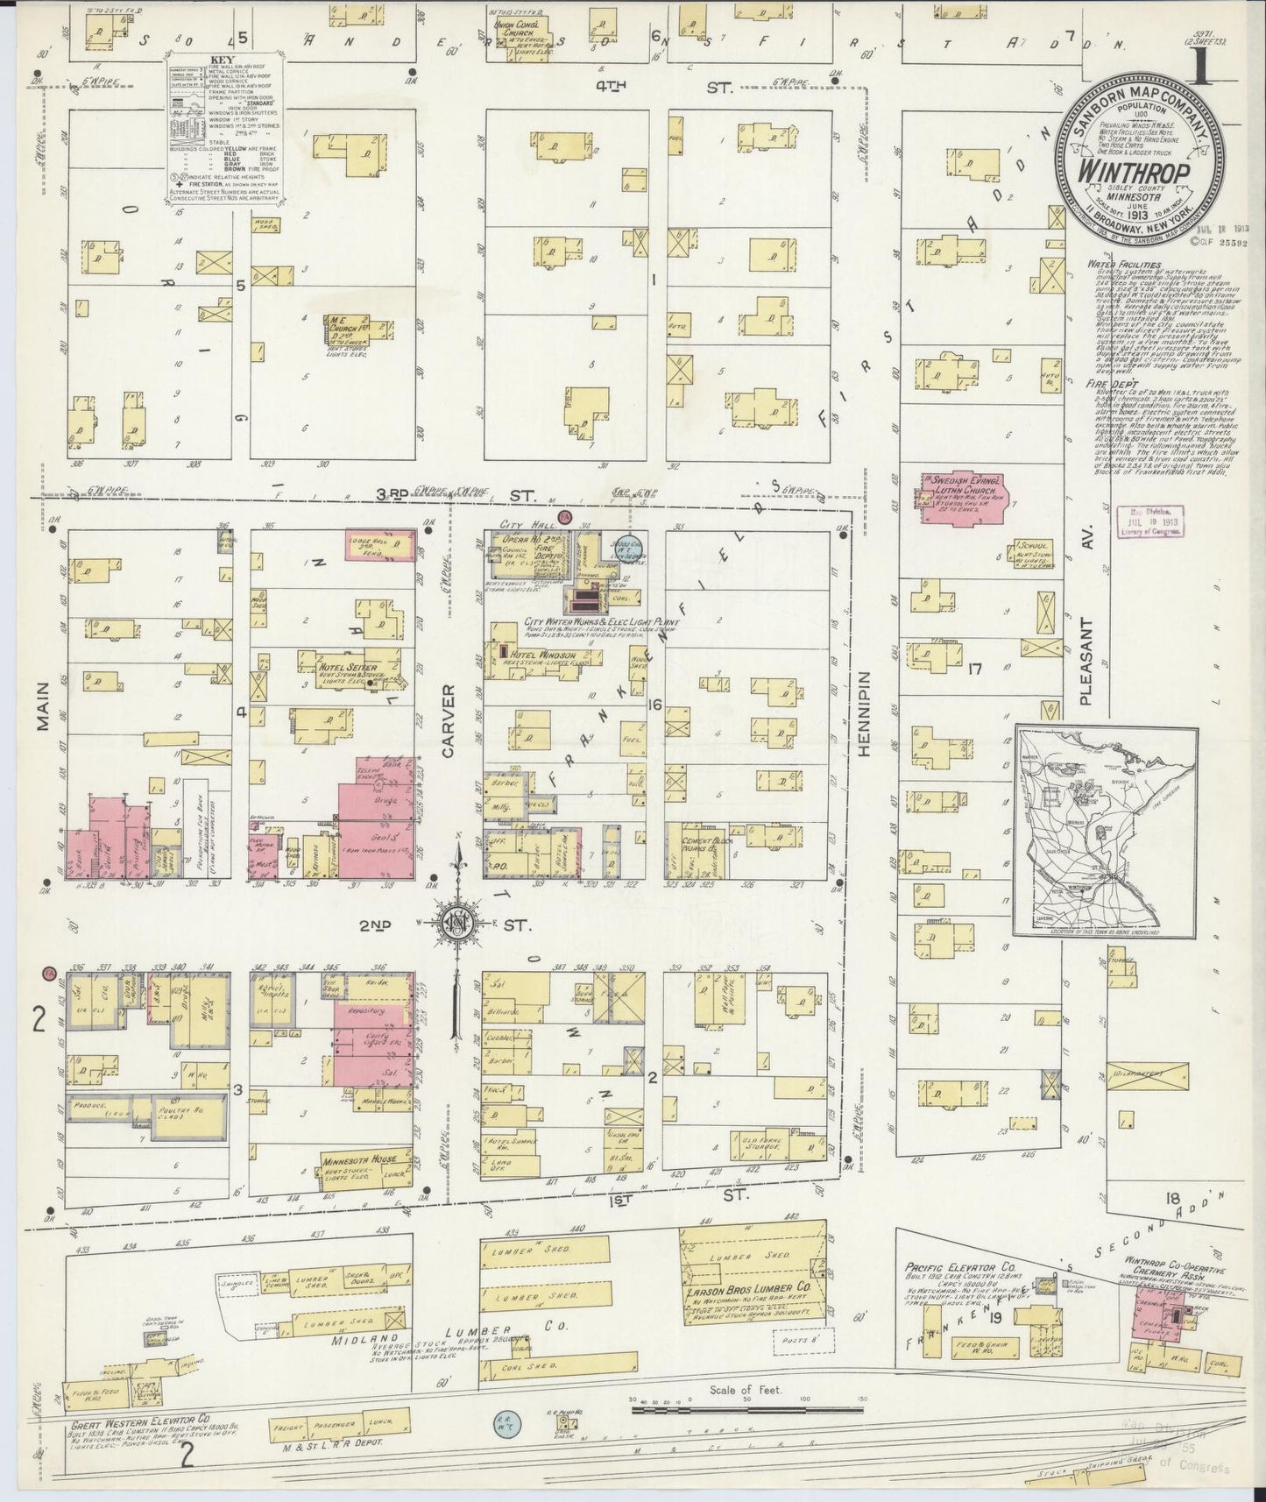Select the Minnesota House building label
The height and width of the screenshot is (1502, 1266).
click(353, 1158)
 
